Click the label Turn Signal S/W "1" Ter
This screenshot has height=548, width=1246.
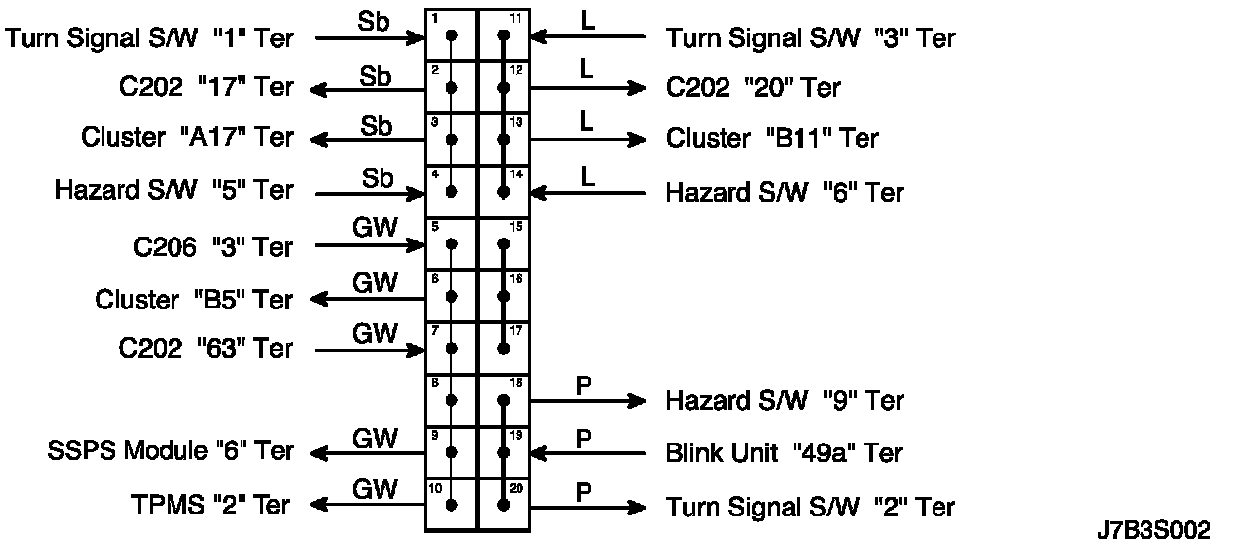[149, 38]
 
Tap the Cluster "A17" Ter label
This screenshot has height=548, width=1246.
[187, 137]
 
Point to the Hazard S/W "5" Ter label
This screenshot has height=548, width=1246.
[174, 190]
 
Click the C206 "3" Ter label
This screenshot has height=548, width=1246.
[213, 247]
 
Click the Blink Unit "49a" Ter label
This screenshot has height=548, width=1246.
[785, 453]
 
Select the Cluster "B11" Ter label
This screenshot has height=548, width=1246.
[773, 138]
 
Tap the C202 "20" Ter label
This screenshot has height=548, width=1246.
[754, 88]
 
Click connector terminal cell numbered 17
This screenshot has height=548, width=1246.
[504, 347]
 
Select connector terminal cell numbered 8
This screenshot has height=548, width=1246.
[451, 399]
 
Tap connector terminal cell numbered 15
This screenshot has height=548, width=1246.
[504, 243]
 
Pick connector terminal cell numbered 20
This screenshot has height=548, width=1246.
[504, 505]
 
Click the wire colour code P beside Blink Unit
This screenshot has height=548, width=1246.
[583, 437]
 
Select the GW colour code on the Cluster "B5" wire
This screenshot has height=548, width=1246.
[375, 283]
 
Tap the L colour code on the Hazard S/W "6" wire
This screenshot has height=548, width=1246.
[588, 176]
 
